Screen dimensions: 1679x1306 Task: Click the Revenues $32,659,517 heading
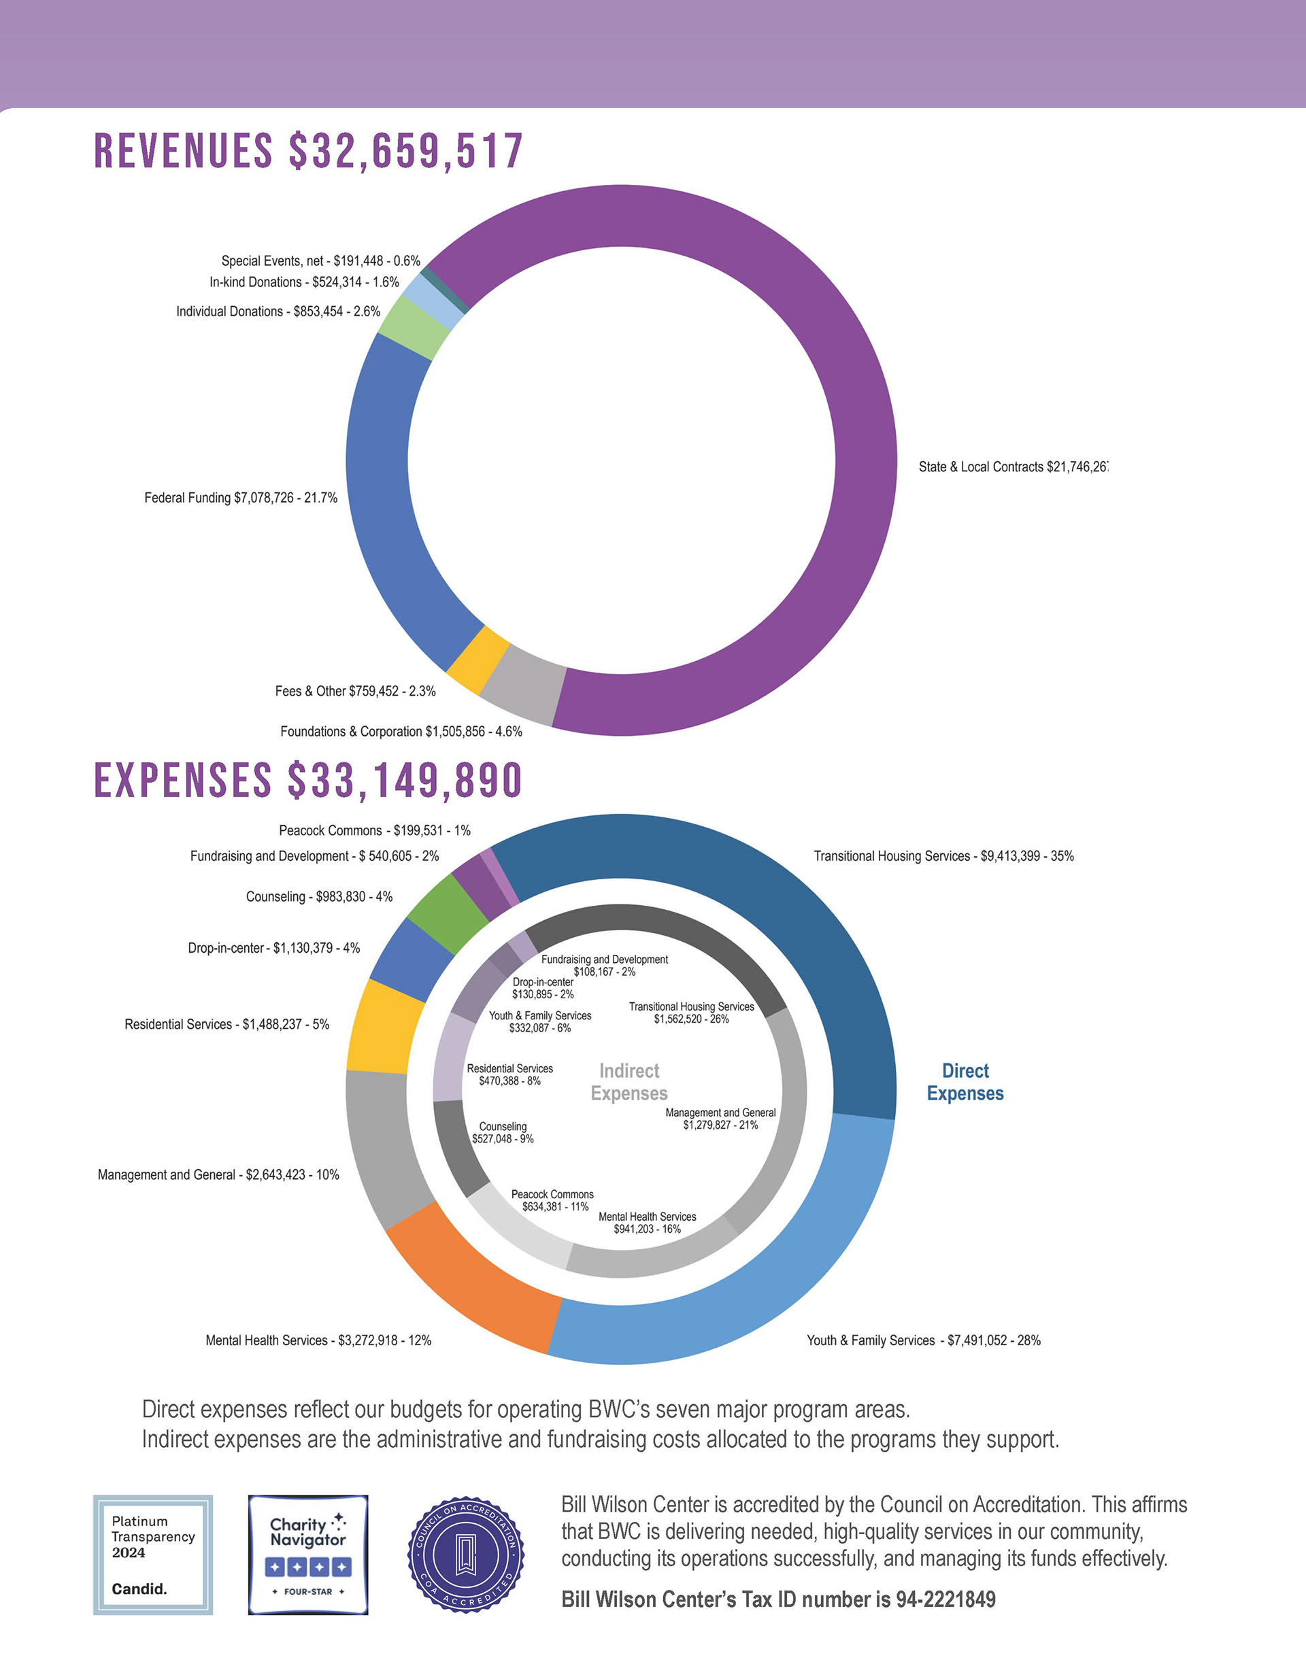[308, 151]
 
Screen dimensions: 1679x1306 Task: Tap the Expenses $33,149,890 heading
[308, 780]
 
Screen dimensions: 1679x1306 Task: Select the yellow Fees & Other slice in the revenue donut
[478, 660]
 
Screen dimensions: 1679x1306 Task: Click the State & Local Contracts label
[1012, 467]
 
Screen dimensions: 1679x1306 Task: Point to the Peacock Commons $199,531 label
[375, 831]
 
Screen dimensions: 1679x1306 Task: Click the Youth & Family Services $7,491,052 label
[923, 1340]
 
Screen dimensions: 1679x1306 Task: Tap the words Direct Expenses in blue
[965, 1082]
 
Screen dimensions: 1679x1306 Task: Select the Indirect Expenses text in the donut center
[629, 1082]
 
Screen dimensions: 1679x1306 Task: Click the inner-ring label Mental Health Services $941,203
[647, 1222]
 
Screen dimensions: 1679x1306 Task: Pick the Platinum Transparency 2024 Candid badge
[153, 1555]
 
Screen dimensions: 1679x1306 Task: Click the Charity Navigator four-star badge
[307, 1555]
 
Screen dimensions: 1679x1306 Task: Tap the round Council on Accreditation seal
[465, 1555]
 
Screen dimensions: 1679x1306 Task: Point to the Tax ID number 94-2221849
[778, 1600]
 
